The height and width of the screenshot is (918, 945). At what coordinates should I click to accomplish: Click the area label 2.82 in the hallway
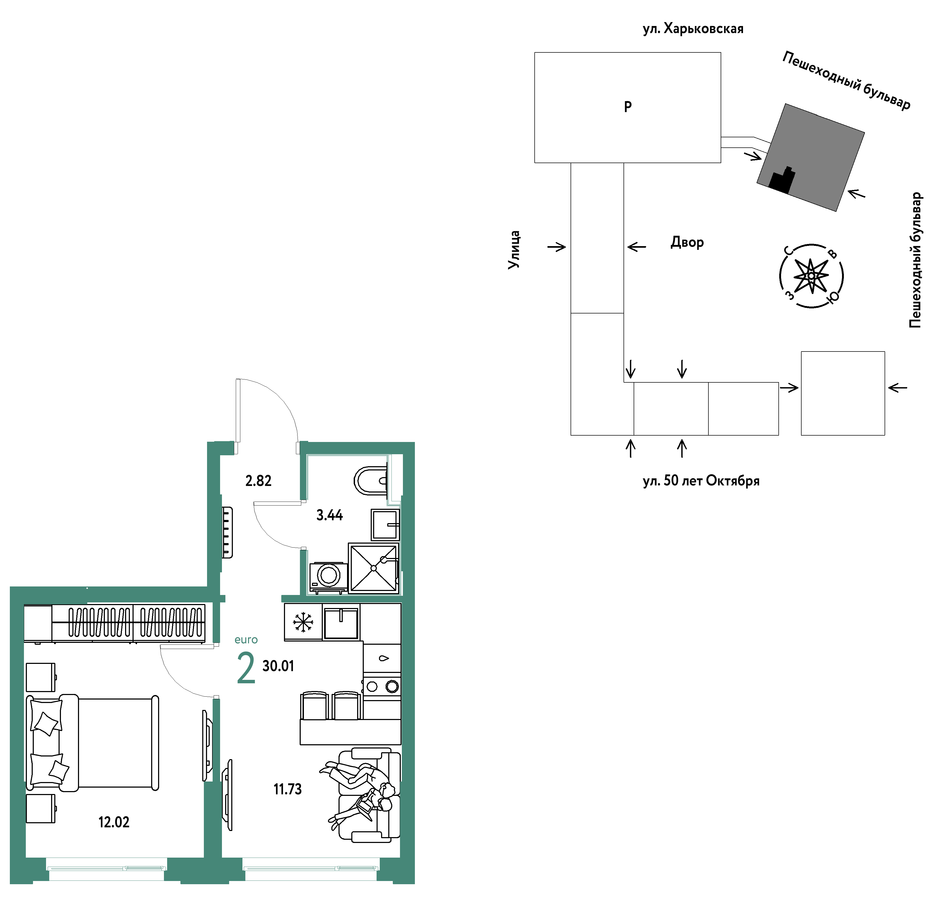point(258,481)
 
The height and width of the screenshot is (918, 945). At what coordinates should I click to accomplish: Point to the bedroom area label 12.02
point(114,822)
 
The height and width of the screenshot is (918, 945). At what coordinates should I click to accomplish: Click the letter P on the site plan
point(628,106)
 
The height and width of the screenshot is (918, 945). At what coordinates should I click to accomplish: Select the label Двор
point(687,242)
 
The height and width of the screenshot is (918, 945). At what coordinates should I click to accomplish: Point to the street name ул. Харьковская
point(693,29)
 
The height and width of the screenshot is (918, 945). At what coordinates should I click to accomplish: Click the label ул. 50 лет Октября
point(701,481)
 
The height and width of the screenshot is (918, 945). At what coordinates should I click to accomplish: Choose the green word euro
point(246,640)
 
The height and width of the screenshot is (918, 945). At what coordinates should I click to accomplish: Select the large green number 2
point(246,668)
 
